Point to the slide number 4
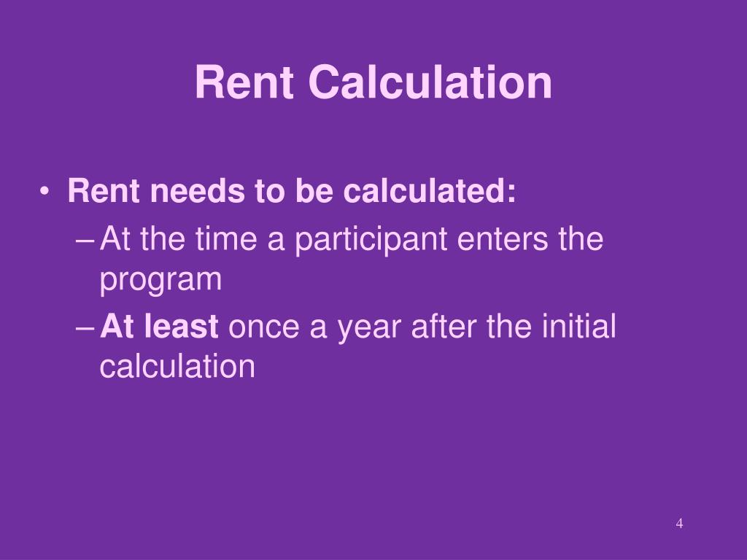(x=679, y=523)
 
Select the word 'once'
(x=265, y=326)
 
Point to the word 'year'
(x=371, y=327)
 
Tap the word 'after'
(x=444, y=326)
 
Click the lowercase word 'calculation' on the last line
(x=177, y=367)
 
